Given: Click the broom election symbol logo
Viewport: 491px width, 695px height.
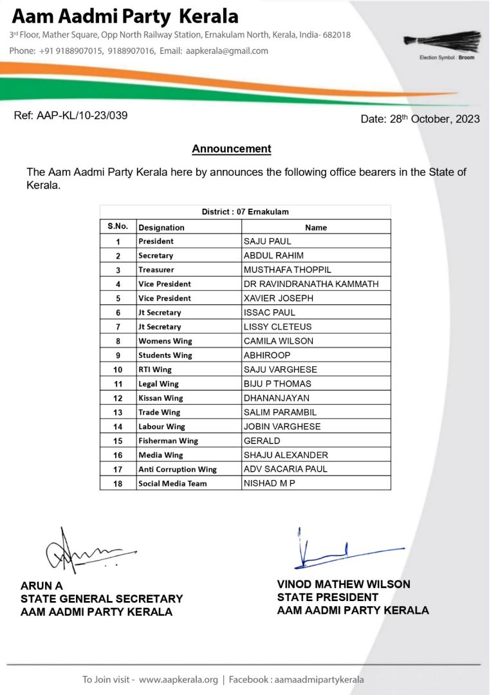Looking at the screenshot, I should (x=443, y=41).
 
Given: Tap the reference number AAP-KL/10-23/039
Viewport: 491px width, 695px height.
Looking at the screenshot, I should (x=70, y=116).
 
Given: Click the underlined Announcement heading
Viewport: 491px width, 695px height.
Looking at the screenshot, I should (x=231, y=149).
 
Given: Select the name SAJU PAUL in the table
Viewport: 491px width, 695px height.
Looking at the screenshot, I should (x=267, y=241).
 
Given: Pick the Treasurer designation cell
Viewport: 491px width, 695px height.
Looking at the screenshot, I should (x=156, y=270).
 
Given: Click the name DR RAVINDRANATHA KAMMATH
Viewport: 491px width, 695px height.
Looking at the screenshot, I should (x=311, y=284).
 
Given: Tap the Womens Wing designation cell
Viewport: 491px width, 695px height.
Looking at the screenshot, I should (x=165, y=341).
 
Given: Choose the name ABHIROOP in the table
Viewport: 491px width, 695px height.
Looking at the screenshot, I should (x=267, y=355).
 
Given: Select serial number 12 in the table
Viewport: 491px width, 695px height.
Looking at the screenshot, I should (x=118, y=398).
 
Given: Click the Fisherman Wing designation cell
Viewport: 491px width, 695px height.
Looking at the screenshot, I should (x=168, y=441).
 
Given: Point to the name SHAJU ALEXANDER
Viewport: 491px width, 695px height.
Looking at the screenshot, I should (x=286, y=455).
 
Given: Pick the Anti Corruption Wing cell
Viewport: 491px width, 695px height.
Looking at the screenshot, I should (x=177, y=470).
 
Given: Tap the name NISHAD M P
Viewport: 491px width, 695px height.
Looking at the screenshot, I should (x=269, y=483).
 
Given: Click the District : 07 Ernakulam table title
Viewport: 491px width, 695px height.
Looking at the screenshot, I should (x=245, y=212).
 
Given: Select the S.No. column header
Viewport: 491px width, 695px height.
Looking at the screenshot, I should (x=118, y=227).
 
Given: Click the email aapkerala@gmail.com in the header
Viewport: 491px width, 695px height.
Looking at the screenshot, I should (x=227, y=51).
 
